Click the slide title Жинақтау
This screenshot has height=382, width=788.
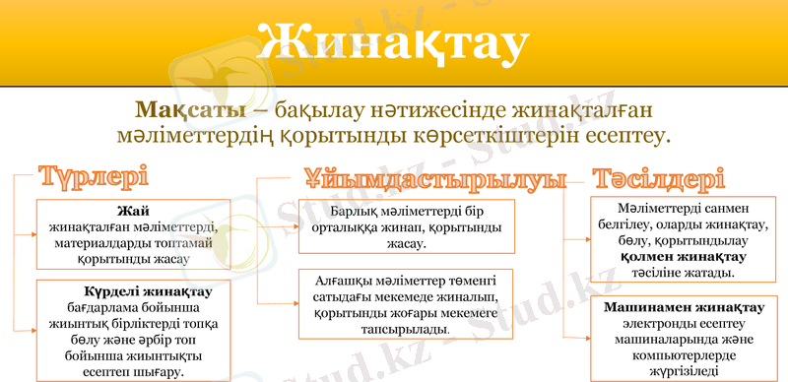(x=393, y=42)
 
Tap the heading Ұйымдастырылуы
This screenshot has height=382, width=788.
(x=434, y=180)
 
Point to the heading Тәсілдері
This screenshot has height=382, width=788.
(x=658, y=179)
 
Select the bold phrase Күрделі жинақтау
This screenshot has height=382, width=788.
(x=134, y=292)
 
